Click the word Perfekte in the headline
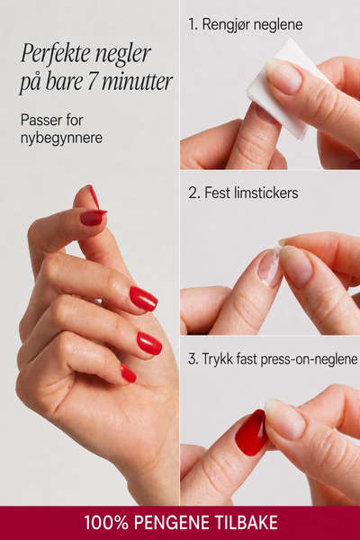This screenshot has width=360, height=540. [x=55, y=54]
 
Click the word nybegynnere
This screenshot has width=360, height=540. [x=61, y=138]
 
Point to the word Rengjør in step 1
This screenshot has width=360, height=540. [x=224, y=25]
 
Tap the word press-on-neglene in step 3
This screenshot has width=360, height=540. [x=309, y=359]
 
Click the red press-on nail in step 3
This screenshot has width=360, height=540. [x=251, y=432]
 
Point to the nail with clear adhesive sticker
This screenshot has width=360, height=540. [x=269, y=268]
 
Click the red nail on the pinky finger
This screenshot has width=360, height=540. [x=128, y=373]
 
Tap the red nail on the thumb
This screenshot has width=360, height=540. [x=93, y=218]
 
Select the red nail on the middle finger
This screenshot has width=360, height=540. [x=143, y=299]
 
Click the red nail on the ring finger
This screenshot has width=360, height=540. [x=149, y=344]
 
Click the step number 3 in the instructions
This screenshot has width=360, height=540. [x=193, y=359]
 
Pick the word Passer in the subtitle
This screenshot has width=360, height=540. [x=40, y=121]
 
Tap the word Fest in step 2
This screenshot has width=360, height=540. [x=217, y=193]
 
